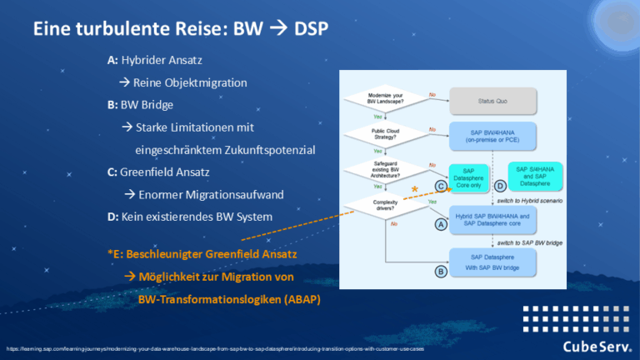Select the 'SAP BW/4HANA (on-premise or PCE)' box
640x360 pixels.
pos(492,134)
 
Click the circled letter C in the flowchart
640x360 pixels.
pos(439,186)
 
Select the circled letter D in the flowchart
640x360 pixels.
pos(501,186)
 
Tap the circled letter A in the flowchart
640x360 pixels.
pos(439,223)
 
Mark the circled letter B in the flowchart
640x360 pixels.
pos(439,270)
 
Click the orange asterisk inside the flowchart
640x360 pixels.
pos(414,192)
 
